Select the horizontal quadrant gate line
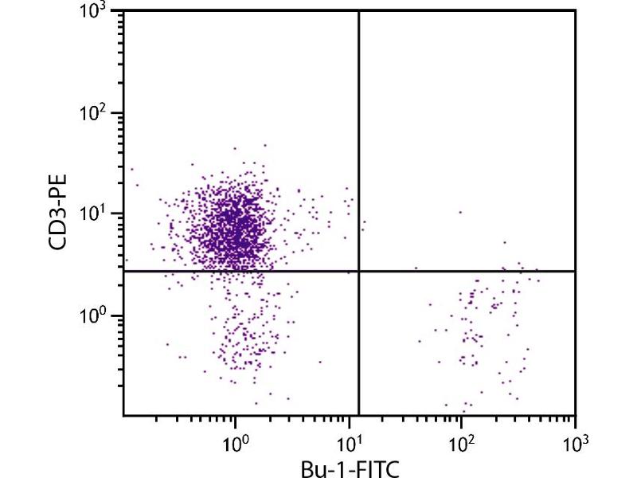239,272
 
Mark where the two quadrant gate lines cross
359,272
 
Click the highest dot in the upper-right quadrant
459,212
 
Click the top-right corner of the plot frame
574,11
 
